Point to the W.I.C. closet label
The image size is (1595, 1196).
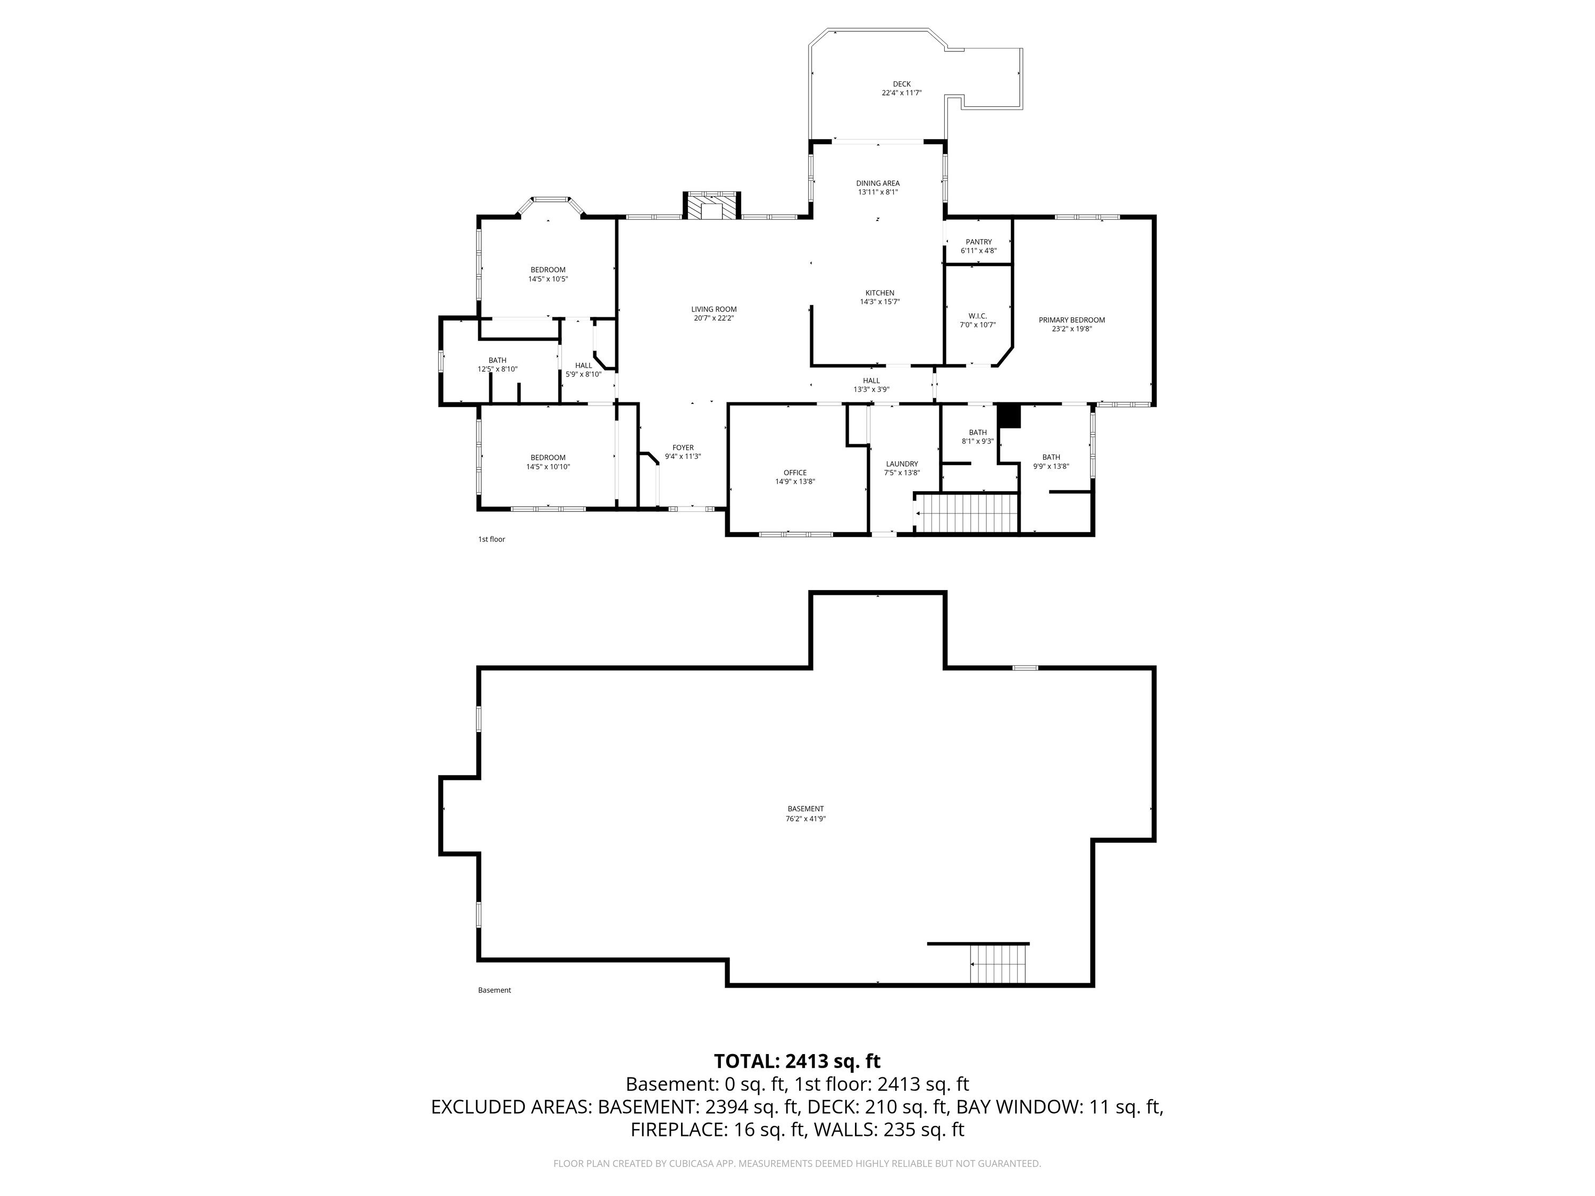(978, 316)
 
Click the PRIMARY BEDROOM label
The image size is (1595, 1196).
(1071, 320)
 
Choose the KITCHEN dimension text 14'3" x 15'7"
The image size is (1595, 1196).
(880, 302)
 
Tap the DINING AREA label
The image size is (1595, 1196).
(878, 183)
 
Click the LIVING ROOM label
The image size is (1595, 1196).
(714, 309)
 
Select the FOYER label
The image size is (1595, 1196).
(683, 448)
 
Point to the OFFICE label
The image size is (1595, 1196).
(795, 473)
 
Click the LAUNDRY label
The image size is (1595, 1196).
(902, 464)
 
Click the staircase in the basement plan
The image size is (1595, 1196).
(998, 964)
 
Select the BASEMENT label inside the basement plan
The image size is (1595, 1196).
(805, 809)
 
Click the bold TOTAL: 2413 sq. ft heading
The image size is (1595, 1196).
(797, 1061)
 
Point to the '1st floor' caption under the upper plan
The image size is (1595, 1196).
(492, 539)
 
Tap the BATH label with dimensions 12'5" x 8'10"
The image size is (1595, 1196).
(498, 360)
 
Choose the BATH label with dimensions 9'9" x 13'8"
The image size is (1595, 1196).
(1051, 457)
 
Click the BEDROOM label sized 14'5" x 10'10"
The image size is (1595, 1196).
(548, 458)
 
